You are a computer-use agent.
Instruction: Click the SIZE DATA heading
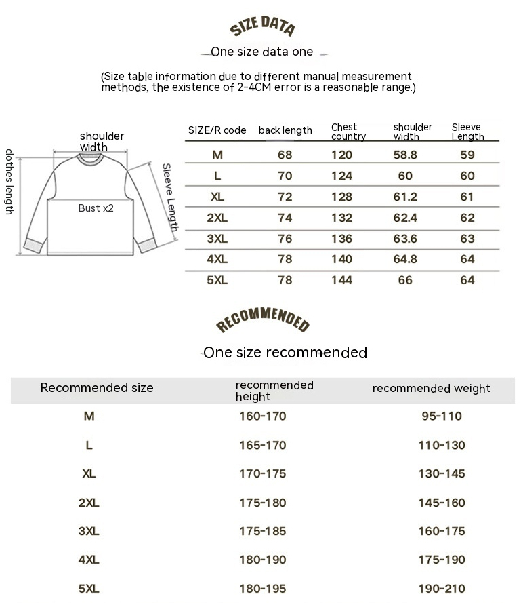pos(262,27)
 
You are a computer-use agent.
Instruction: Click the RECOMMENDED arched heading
pos(262,321)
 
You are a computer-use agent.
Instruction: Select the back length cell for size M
pos(285,155)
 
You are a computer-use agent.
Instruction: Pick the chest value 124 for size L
pos(341,176)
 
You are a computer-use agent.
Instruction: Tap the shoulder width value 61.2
pos(405,197)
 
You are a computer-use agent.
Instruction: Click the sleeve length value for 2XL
pos(467,218)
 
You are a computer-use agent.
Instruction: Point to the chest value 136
pos(341,239)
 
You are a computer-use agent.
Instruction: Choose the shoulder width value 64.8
pos(405,259)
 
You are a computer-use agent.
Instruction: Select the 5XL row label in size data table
pos(217,280)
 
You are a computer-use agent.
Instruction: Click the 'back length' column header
pos(285,130)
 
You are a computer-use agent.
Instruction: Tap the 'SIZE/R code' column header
pos(217,130)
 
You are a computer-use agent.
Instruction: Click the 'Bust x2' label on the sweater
pos(96,208)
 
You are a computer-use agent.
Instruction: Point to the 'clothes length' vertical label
pos(9,182)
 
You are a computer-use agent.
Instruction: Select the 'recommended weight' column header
pos(431,389)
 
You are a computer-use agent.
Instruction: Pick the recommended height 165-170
pos(263,445)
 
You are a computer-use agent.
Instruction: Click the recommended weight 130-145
pos(442,473)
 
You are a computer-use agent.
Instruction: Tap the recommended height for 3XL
pos(263,531)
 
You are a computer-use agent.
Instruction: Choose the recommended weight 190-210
pos(442,589)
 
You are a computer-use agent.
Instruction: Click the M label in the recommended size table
pos(89,416)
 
